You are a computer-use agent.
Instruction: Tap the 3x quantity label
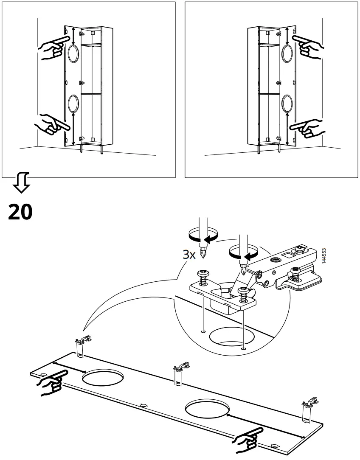pyautogui.click(x=189, y=254)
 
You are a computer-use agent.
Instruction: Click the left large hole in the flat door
pyautogui.click(x=102, y=377)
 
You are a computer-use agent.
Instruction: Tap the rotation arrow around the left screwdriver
pyautogui.click(x=202, y=236)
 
